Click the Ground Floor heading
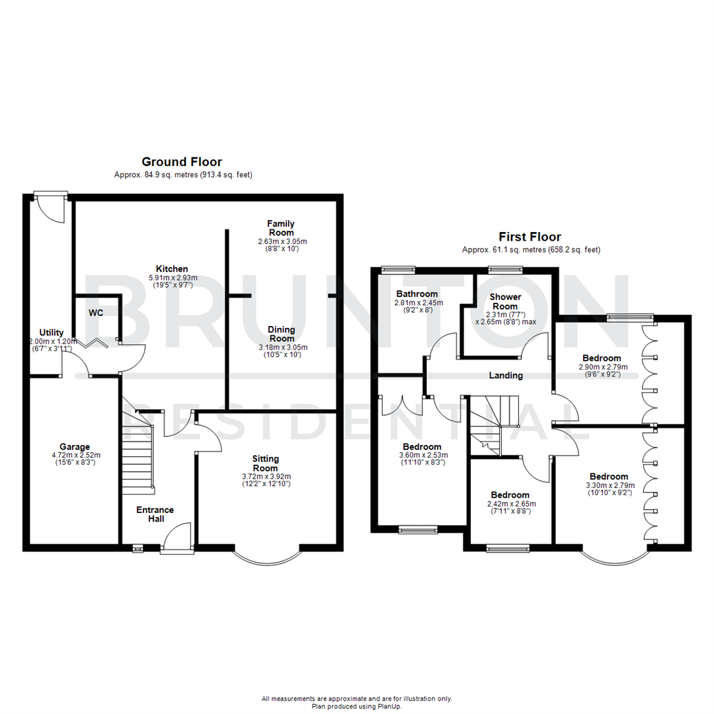[x=182, y=162]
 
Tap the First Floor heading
[x=531, y=237]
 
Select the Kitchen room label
[x=172, y=268]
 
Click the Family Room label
[x=281, y=228]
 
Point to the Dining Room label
[x=282, y=334]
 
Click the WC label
[x=95, y=312]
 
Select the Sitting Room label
[x=266, y=463]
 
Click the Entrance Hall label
[x=155, y=514]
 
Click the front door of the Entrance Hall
[x=177, y=537]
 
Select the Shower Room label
[x=505, y=301]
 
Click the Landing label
[x=506, y=376]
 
